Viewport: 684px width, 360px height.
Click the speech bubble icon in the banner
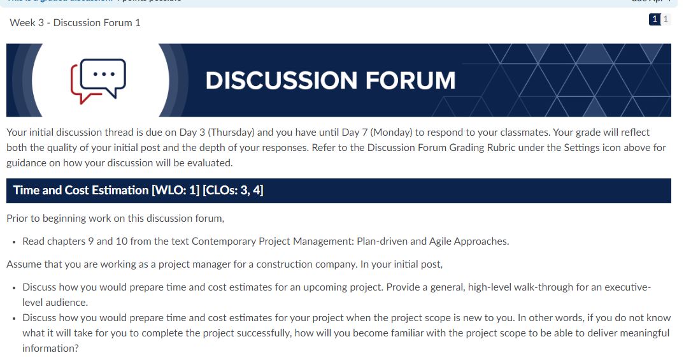(99, 80)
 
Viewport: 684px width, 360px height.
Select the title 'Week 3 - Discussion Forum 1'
(75, 23)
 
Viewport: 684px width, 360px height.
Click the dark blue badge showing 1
(654, 20)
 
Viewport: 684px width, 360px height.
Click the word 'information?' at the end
(50, 349)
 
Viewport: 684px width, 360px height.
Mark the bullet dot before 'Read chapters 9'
(13, 242)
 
